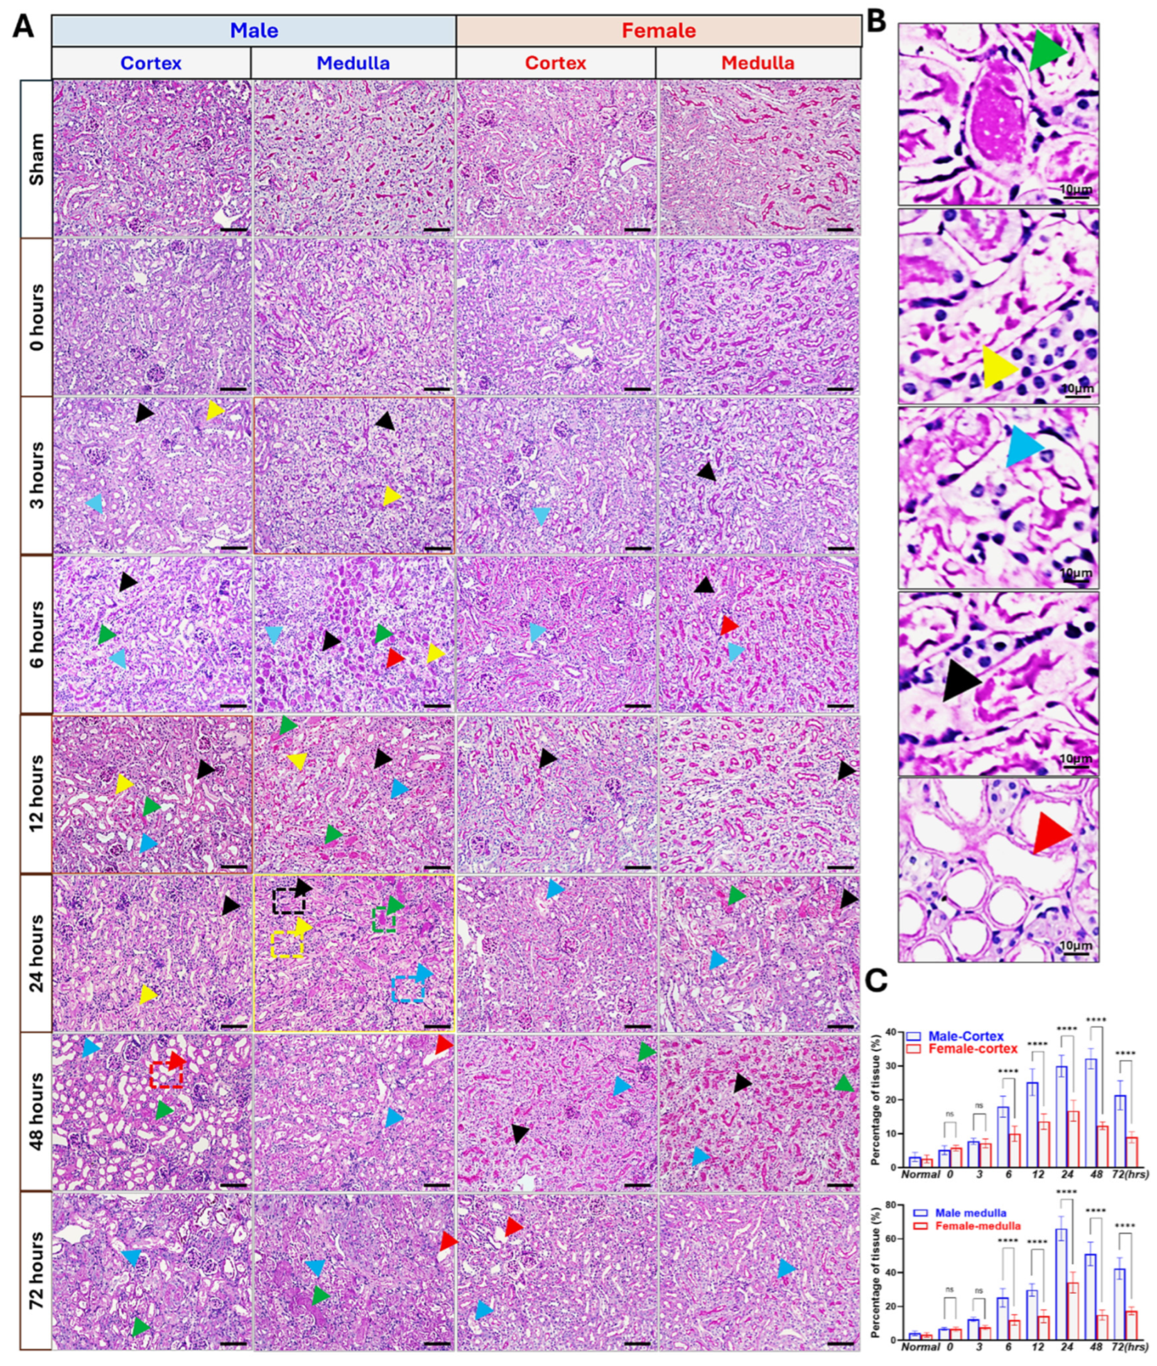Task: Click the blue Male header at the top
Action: tap(254, 30)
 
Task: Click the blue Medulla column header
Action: tap(353, 63)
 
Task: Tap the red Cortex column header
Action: tap(555, 63)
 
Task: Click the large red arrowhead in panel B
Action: tap(1050, 833)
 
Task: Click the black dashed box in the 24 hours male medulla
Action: tap(288, 901)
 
